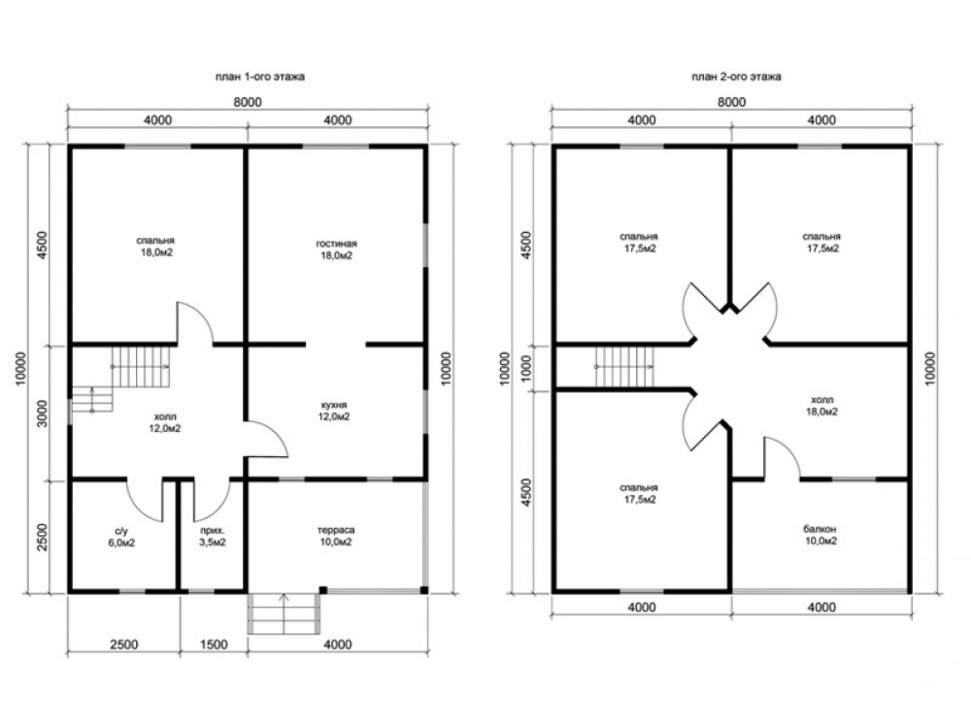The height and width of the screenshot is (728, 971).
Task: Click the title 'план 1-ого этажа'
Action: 260,78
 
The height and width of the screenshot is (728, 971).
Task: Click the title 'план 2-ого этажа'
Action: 736,77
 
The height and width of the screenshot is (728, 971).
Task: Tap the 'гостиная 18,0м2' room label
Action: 336,250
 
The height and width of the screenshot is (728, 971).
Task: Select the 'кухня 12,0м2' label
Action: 334,411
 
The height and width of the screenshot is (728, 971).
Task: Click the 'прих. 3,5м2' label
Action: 213,537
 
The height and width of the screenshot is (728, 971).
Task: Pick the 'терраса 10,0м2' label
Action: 336,536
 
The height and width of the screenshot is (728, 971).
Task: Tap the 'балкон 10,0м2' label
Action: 820,535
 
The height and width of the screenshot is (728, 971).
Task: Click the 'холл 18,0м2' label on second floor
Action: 821,406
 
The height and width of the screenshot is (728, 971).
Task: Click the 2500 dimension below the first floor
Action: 124,645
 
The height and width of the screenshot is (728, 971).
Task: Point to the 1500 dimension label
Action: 214,645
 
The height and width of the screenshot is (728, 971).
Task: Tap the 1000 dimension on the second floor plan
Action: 526,368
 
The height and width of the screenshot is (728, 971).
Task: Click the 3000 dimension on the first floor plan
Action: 42,414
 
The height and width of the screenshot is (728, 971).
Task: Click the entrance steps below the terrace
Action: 285,612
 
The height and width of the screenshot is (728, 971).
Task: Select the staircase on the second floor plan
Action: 624,366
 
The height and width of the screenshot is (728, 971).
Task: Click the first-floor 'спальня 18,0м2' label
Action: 155,247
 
